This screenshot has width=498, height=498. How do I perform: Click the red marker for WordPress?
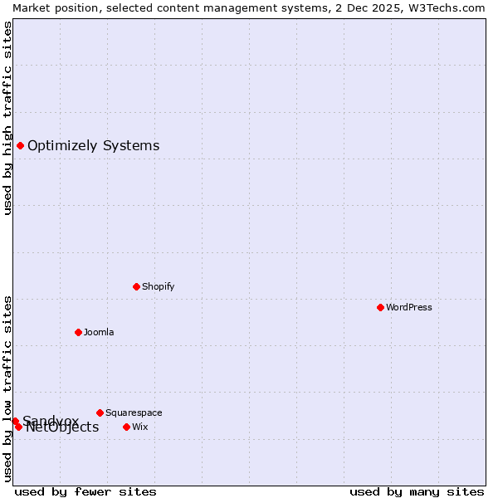[x=380, y=307]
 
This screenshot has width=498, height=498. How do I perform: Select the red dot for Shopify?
[x=136, y=286]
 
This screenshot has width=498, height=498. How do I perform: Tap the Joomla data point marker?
[x=78, y=332]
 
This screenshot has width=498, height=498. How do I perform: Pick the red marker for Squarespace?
[x=100, y=413]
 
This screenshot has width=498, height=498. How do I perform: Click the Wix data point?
[x=126, y=427]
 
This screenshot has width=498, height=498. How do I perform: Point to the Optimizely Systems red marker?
[x=20, y=146]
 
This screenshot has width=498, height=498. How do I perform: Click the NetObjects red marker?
[x=18, y=427]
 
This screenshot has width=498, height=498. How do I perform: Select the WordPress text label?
[x=409, y=307]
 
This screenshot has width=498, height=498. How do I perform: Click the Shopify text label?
[x=158, y=286]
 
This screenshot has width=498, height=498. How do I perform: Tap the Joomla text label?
[x=99, y=332]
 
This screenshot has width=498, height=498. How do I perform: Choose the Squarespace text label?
[x=134, y=413]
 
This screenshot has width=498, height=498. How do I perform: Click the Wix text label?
[x=139, y=427]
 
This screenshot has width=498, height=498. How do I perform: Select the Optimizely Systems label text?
[x=93, y=146]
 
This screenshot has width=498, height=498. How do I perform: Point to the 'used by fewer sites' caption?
[x=85, y=491]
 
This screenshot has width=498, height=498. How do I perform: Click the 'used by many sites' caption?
[x=417, y=491]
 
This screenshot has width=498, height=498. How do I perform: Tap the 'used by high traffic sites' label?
[x=7, y=118]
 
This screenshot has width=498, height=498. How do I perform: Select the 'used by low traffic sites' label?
[x=7, y=388]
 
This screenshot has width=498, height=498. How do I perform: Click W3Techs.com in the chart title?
[x=449, y=7]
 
